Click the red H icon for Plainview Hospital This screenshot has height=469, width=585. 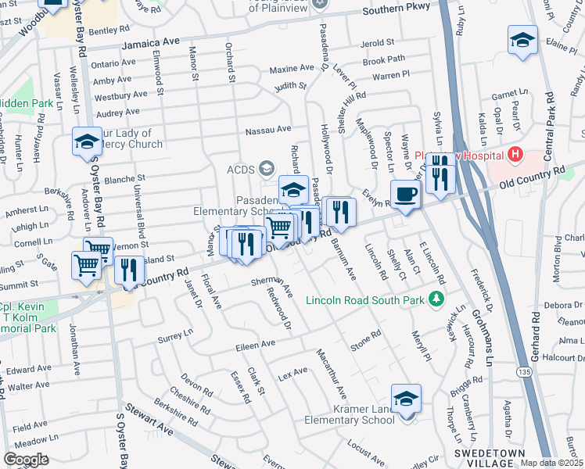point(514,154)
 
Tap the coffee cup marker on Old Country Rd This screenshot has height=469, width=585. point(405,193)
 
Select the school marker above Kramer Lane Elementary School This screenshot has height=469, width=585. point(406,400)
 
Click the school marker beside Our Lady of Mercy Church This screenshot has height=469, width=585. point(88,142)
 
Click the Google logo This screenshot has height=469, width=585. point(26,460)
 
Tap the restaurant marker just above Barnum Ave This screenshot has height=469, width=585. point(340,212)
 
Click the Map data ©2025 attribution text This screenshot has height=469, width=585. point(552,463)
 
